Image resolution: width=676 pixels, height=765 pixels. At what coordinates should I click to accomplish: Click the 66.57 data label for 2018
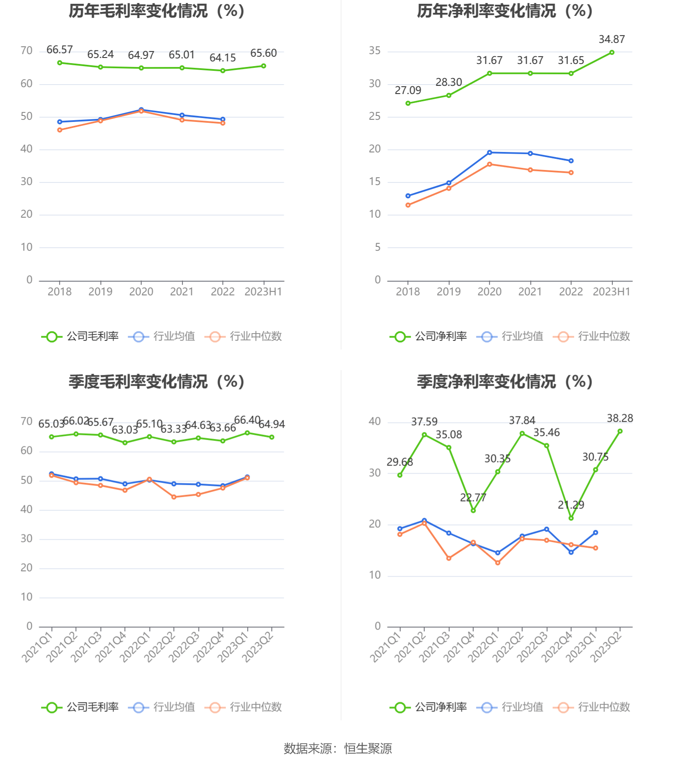pyautogui.click(x=59, y=50)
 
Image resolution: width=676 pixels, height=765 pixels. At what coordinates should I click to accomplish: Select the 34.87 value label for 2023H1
pyautogui.click(x=612, y=39)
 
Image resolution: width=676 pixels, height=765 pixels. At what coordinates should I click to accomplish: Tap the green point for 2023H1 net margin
pyautogui.click(x=612, y=52)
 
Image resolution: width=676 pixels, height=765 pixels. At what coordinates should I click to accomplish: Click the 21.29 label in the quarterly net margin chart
pyautogui.click(x=571, y=505)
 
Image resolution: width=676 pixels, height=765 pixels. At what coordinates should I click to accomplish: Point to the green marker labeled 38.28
pyautogui.click(x=620, y=431)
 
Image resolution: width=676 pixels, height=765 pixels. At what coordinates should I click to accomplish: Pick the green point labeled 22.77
pyautogui.click(x=473, y=510)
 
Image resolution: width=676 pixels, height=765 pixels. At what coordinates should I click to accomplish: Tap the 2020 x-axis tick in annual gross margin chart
pyautogui.click(x=141, y=292)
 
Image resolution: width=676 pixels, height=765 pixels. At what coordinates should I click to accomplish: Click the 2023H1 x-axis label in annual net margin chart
pyautogui.click(x=611, y=292)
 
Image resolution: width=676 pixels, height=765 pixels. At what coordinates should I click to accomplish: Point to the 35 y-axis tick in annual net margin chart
pyautogui.click(x=375, y=51)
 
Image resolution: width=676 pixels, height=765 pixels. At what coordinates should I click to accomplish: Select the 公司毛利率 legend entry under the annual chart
pyautogui.click(x=80, y=337)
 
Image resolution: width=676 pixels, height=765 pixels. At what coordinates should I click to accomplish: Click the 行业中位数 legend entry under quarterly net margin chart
pyautogui.click(x=591, y=707)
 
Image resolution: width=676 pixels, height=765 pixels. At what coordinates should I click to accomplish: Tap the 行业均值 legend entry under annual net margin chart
pyautogui.click(x=510, y=337)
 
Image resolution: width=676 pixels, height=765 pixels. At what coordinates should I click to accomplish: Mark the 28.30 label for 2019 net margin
pyautogui.click(x=448, y=82)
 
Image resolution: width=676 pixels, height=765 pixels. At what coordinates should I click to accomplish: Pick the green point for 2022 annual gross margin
pyautogui.click(x=222, y=71)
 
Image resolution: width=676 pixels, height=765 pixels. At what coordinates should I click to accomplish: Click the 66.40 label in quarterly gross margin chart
pyautogui.click(x=247, y=420)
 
